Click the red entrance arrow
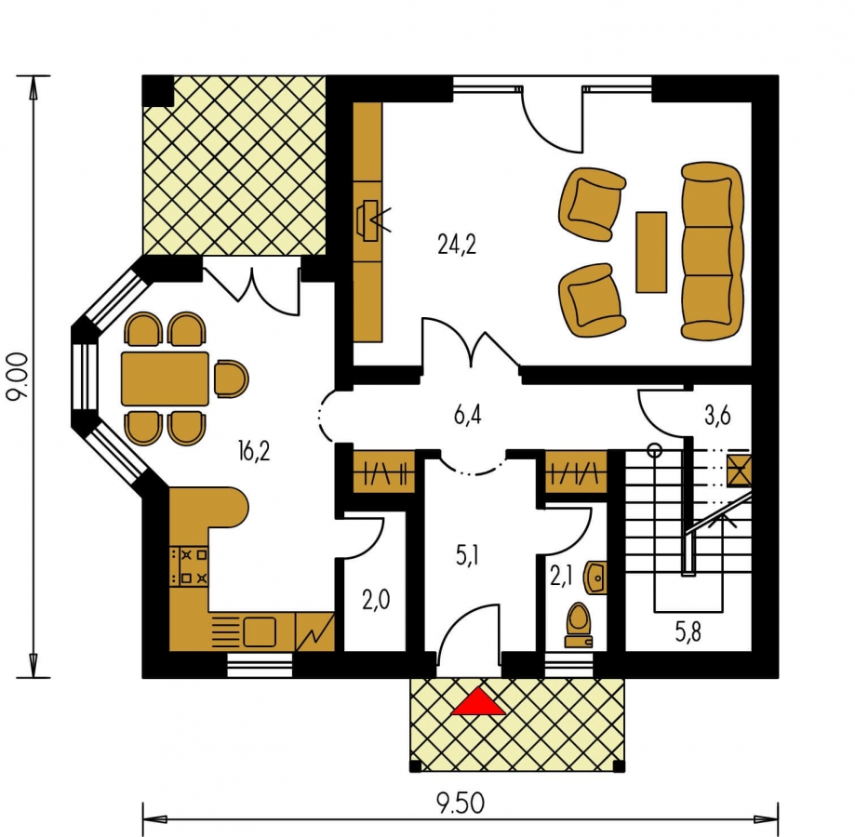tap(479, 701)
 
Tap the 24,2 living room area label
tap(457, 246)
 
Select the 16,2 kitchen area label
tap(254, 451)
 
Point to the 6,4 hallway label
tap(467, 416)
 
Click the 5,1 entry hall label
tap(468, 557)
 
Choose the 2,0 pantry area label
tap(376, 600)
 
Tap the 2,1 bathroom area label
tap(561, 577)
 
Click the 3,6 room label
tap(717, 415)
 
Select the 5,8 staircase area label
tap(688, 632)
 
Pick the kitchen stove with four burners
tap(189, 566)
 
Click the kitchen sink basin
tap(260, 631)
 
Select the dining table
tap(165, 379)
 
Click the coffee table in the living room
tap(651, 252)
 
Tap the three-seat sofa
tap(712, 251)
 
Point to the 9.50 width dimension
tap(461, 803)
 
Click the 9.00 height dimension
tap(18, 376)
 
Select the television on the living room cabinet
tap(368, 220)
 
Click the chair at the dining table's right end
tap(231, 379)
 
